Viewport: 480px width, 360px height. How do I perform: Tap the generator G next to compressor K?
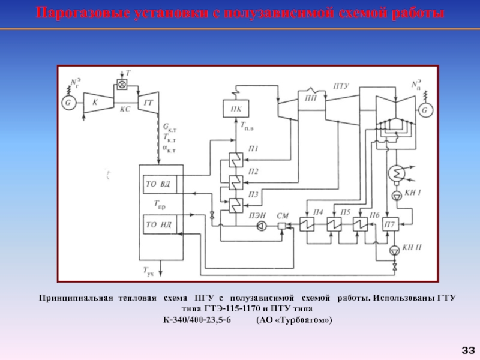click(x=69, y=102)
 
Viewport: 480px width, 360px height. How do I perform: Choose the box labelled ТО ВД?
click(x=159, y=184)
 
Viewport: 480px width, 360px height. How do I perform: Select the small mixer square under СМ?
click(x=282, y=226)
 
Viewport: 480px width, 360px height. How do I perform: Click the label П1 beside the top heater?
click(x=253, y=149)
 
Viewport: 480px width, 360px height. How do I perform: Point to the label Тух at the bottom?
click(x=149, y=271)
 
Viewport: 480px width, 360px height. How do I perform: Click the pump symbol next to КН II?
click(x=395, y=250)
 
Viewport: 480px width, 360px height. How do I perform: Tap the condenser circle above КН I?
click(x=396, y=173)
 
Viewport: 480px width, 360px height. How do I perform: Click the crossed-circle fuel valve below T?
click(x=122, y=85)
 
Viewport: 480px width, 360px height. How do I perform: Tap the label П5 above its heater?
click(x=345, y=213)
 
